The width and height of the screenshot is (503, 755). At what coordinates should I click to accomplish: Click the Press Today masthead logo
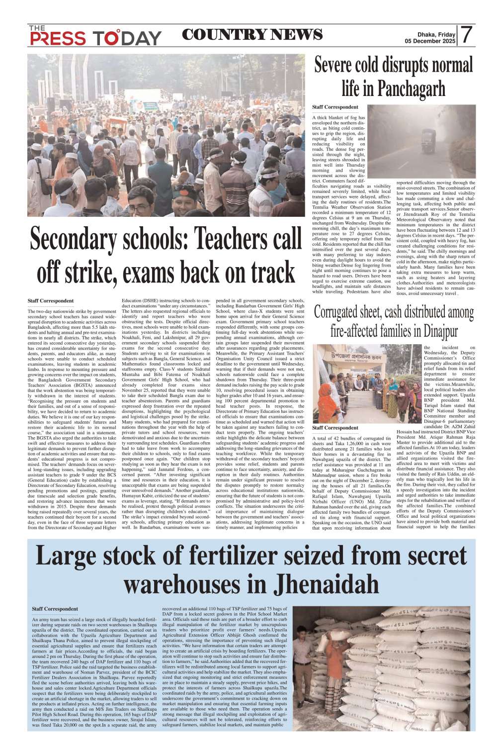pos(94,36)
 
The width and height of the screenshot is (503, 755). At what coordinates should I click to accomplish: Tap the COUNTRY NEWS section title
pos(252,35)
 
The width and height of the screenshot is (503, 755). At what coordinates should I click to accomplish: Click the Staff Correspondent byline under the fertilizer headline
pos(55,609)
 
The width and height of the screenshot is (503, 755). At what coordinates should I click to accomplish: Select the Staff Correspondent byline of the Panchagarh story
pos(335,107)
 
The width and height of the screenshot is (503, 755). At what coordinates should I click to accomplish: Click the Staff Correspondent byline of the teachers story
pos(51,301)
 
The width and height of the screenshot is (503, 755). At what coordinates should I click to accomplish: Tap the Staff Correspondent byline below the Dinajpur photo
pos(335,428)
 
